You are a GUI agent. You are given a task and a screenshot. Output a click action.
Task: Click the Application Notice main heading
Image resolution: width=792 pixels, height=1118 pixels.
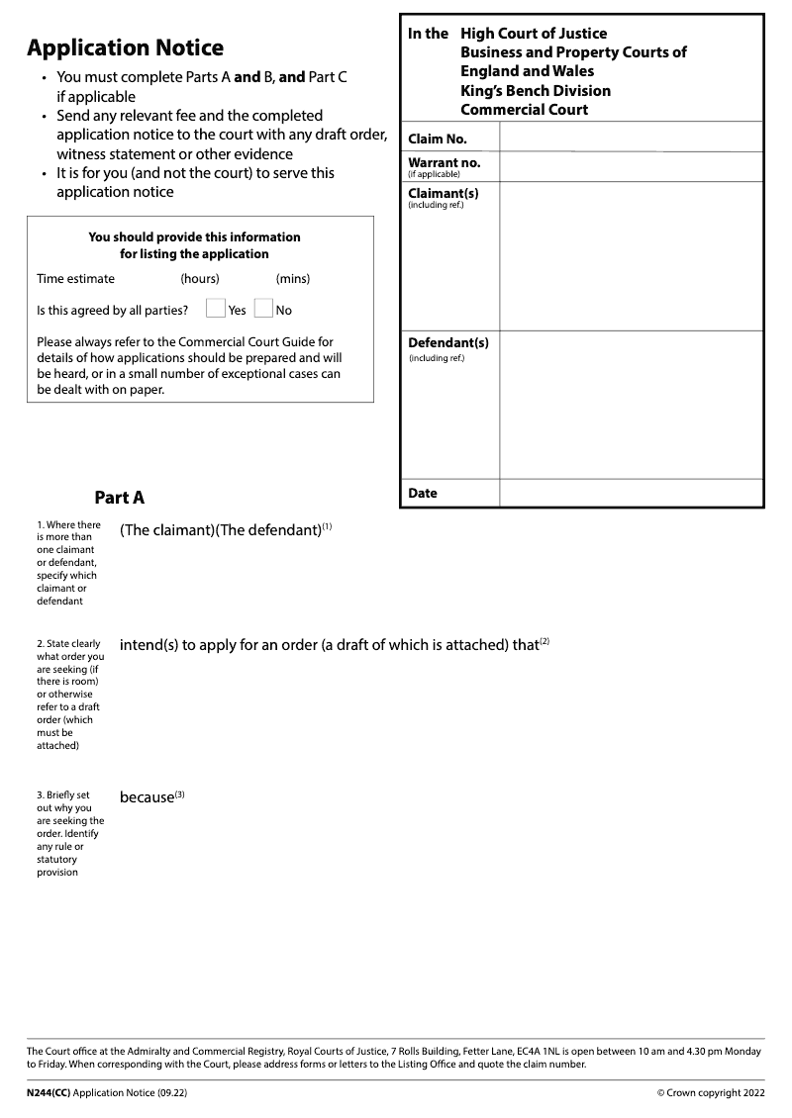[125, 47]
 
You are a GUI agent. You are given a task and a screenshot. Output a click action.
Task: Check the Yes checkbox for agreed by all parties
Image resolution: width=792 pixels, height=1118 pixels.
[216, 309]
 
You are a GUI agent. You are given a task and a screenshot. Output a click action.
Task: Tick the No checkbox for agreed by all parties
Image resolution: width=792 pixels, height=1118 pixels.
[263, 309]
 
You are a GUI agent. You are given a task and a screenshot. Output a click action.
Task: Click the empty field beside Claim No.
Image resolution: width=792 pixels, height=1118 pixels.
[631, 138]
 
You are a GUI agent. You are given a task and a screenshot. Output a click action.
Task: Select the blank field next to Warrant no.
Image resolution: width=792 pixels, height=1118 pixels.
[631, 166]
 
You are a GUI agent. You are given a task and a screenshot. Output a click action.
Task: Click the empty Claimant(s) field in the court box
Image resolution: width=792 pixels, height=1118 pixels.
[631, 255]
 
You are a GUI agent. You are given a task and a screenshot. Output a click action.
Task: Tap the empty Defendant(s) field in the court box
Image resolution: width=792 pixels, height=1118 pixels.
[631, 404]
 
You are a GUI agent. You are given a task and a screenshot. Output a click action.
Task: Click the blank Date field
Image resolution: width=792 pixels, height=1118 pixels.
[631, 493]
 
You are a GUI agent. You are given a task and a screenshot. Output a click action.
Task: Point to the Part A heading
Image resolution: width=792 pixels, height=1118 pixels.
[120, 498]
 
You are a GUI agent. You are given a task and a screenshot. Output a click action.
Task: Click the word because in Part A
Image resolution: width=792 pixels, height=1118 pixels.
[147, 797]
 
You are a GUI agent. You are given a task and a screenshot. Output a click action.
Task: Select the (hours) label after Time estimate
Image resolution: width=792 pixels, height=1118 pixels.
[200, 279]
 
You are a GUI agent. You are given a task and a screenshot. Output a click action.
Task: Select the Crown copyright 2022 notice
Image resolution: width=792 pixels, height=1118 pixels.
[711, 1093]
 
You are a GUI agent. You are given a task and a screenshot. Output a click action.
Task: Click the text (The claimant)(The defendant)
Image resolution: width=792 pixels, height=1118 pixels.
[221, 530]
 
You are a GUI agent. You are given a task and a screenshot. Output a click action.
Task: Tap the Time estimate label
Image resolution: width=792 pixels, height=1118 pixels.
[75, 279]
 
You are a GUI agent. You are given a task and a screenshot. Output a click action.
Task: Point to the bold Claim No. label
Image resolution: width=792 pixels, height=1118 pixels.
[438, 140]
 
